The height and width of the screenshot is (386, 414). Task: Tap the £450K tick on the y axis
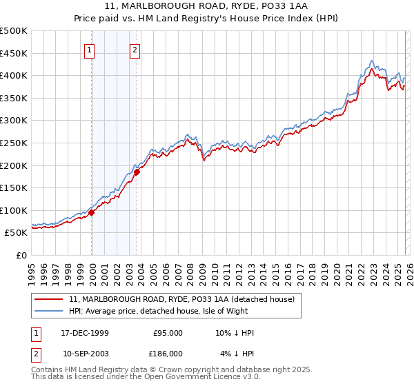pos(14,53)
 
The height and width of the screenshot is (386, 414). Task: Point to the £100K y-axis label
pos(14,210)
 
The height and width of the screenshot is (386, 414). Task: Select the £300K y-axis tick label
pos(14,120)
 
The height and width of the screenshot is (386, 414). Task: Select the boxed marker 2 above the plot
pos(135,50)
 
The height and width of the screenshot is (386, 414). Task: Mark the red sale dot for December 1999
pos(92,212)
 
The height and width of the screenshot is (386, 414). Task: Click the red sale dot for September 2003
pos(137,172)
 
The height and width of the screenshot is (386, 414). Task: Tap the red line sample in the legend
pos(49,299)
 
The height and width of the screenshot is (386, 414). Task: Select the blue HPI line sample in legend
pos(49,311)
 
